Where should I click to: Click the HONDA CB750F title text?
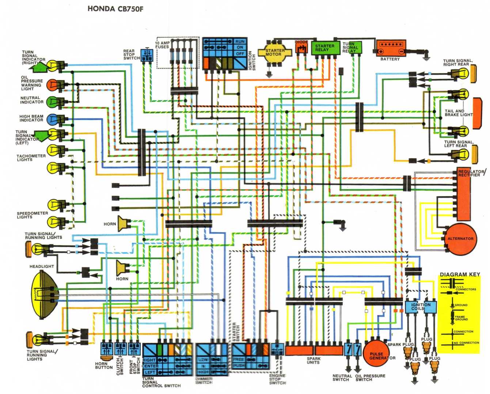click(115, 9)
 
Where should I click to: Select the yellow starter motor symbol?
click(275, 53)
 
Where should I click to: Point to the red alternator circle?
click(461, 239)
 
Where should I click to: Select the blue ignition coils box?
click(421, 307)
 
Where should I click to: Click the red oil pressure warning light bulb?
click(53, 84)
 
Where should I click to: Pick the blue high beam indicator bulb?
click(53, 118)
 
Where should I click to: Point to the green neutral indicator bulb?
click(53, 101)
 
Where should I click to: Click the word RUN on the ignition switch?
click(240, 42)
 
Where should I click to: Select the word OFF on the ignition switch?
click(240, 54)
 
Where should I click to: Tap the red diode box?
click(301, 47)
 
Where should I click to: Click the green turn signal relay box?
click(352, 47)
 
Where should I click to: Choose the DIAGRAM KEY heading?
click(460, 274)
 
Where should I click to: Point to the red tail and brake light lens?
click(477, 113)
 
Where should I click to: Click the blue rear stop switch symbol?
click(147, 54)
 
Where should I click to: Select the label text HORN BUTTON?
click(104, 365)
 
